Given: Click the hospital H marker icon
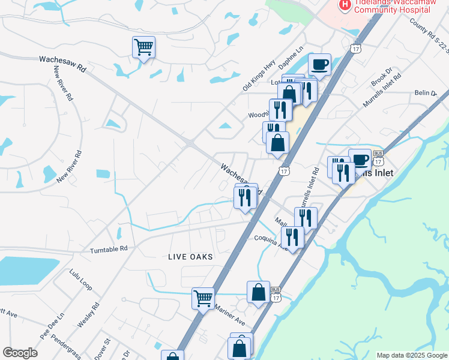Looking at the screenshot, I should [x=345, y=5].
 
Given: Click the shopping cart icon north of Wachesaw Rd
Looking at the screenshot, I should [x=144, y=47].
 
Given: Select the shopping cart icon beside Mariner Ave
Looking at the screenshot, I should [x=203, y=298].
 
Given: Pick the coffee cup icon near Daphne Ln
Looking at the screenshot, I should [x=319, y=64].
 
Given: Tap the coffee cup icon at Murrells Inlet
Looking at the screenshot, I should [x=360, y=160].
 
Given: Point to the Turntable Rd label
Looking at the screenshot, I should [x=109, y=248].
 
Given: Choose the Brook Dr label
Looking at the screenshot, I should [x=381, y=77].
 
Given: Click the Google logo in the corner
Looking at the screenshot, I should [x=20, y=353].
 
